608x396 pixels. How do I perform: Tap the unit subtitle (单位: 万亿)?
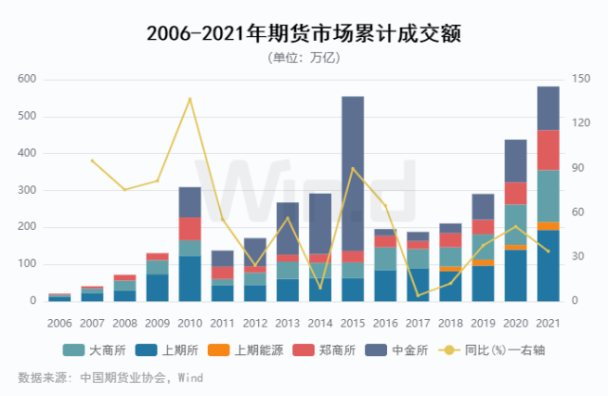pos(304,58)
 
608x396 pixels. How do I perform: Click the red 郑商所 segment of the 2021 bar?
pos(548,150)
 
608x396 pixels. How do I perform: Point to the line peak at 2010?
pos(190,98)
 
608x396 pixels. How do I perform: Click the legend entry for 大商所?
pos(103,350)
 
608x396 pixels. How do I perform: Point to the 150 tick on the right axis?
pos(578,80)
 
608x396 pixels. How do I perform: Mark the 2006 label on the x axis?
pos(60,324)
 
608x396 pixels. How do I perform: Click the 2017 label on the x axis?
pos(418,324)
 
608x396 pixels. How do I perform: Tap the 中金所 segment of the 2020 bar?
pos(516,160)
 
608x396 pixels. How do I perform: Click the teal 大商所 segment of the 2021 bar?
pos(548,196)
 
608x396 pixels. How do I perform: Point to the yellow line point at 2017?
pos(418,295)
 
